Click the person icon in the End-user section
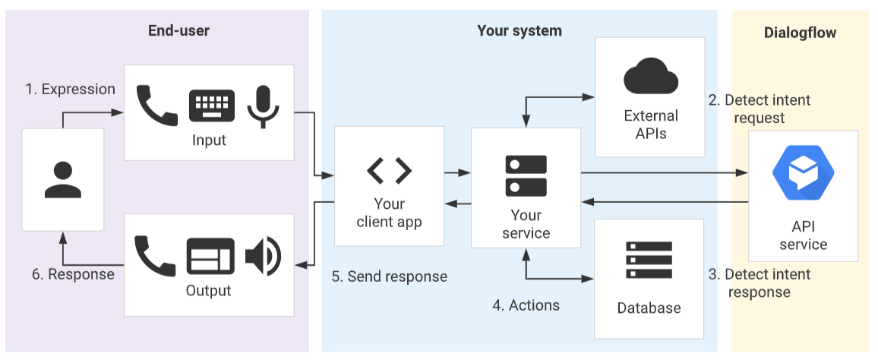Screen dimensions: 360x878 63,180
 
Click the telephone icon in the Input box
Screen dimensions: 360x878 156,106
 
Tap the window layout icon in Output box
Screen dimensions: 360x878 209,256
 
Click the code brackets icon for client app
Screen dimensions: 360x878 389,171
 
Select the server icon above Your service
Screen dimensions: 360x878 526,175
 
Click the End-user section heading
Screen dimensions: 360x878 178,31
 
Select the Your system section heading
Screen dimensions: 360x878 520,31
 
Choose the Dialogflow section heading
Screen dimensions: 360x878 800,33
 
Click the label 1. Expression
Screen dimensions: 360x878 71,89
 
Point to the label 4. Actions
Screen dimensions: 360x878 526,305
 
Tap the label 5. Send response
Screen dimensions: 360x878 389,276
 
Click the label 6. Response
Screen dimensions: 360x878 73,274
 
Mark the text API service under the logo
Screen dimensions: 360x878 803,235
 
